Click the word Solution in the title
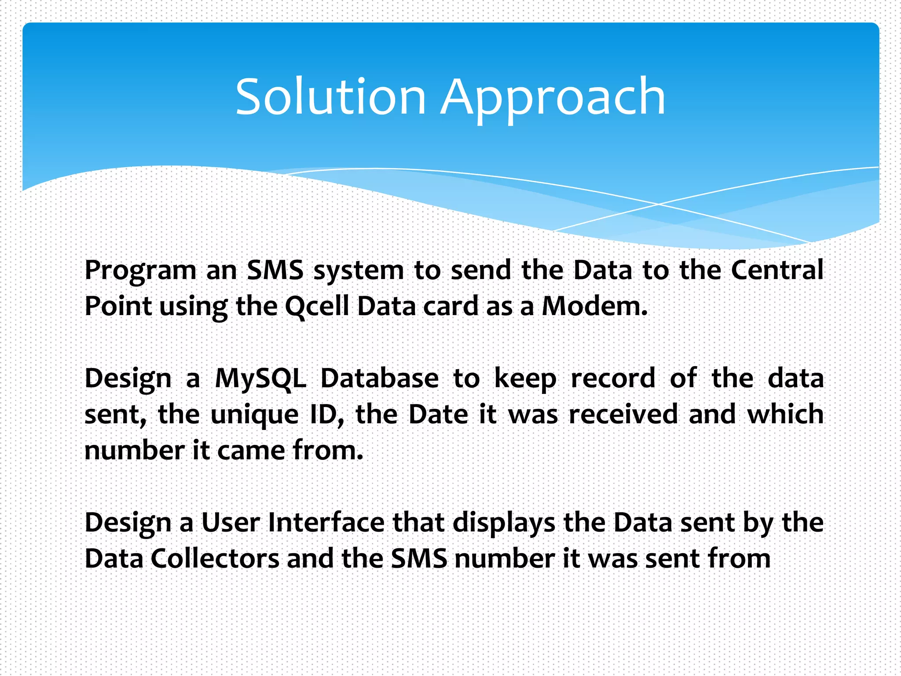[x=330, y=96]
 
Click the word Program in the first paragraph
[x=140, y=271]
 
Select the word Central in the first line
[x=777, y=270]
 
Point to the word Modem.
[x=594, y=306]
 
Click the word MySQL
[x=260, y=378]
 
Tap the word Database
[x=379, y=378]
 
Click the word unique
[x=255, y=415]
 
